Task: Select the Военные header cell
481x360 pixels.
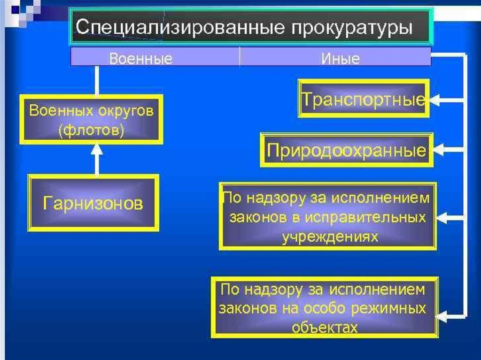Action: [x=141, y=59]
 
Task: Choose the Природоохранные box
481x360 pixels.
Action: [x=346, y=151]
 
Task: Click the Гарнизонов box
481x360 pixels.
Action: [x=93, y=203]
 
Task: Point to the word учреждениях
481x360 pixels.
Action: [x=330, y=237]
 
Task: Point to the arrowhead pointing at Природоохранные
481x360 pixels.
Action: [x=437, y=151]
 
